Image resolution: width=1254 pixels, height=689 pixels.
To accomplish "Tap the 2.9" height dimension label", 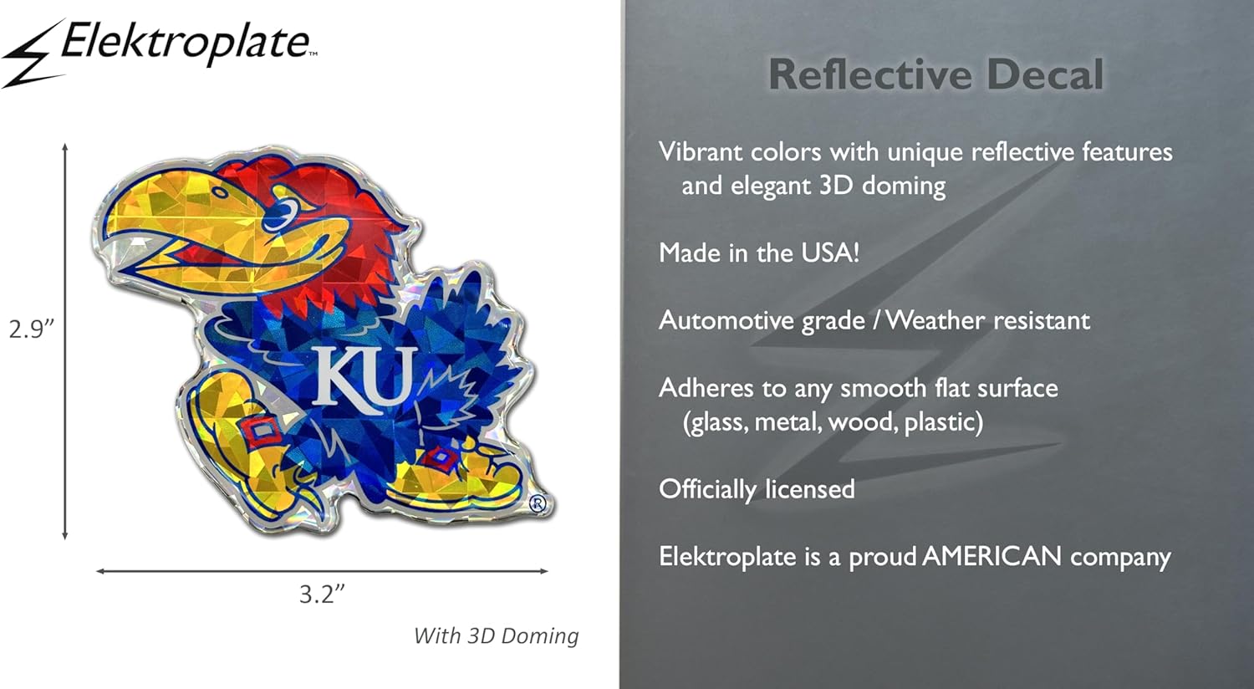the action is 32,329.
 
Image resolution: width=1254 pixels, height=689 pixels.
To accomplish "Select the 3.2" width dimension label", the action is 322,594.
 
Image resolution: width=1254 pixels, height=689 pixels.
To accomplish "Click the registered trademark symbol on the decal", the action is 537,503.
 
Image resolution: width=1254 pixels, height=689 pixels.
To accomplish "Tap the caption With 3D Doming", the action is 496,635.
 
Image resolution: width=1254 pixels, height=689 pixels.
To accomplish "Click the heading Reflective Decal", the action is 936,74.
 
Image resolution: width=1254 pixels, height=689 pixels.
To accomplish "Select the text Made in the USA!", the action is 758,253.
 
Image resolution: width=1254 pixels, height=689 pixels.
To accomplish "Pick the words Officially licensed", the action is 757,489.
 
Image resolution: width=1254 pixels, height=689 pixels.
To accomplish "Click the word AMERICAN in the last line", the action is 991,556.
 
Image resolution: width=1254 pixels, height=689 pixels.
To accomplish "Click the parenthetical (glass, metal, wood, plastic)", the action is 833,422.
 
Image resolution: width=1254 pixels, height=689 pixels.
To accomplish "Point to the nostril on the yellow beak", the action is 220,193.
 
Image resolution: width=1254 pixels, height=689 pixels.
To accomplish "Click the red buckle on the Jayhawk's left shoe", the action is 257,431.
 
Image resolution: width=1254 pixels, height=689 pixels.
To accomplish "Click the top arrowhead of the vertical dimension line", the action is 65,147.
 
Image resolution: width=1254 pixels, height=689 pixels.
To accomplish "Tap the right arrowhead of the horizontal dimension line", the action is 543,571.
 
